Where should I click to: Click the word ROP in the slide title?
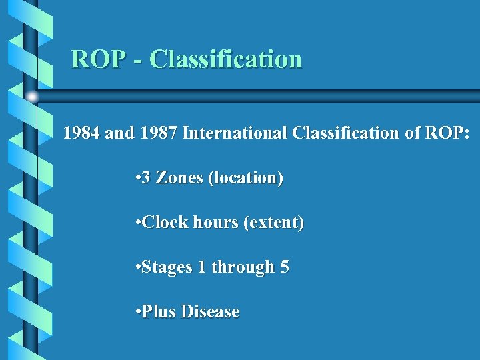click(97, 59)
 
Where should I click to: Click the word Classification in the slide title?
click(226, 59)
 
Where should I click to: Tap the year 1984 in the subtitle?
click(82, 133)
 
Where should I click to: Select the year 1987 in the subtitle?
click(159, 133)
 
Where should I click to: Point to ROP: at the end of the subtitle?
click(447, 133)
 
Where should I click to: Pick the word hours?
click(215, 223)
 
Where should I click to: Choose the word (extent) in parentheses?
click(273, 223)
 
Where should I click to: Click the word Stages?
click(165, 268)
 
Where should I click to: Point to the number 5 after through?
click(285, 267)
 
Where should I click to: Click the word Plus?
click(158, 312)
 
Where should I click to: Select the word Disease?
click(210, 312)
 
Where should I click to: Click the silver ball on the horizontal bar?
click(32, 97)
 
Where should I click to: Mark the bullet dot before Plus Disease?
click(136, 313)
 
